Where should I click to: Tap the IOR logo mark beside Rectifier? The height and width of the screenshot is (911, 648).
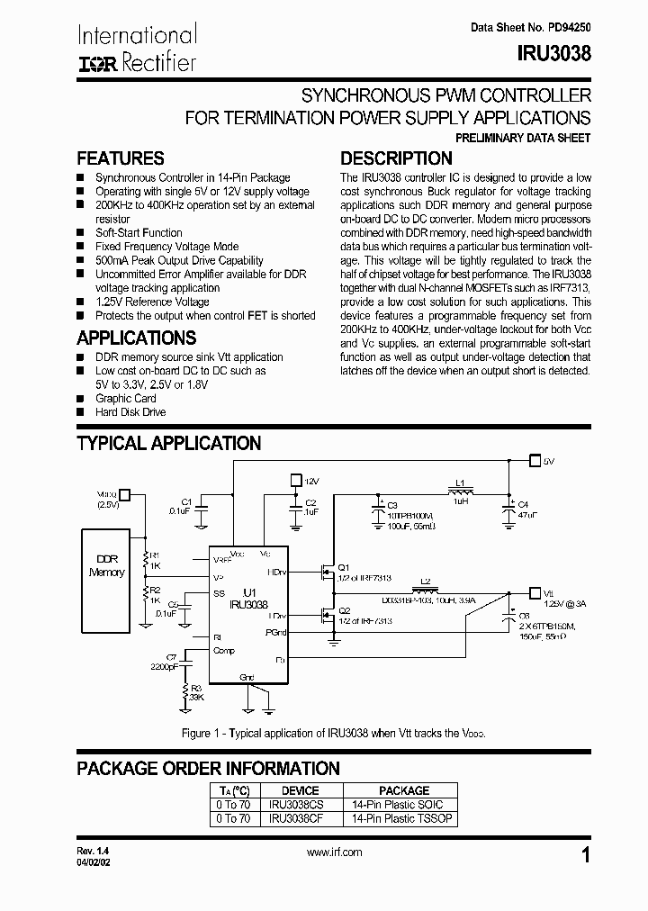click(x=94, y=63)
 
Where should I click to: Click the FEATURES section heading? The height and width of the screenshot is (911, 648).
click(x=121, y=158)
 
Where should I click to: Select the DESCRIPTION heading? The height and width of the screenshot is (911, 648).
click(x=396, y=158)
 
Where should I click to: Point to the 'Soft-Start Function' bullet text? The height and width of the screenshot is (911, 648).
click(x=139, y=232)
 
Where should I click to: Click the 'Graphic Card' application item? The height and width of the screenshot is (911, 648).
click(x=125, y=398)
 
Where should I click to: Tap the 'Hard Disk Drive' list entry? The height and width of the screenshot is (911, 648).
click(x=130, y=412)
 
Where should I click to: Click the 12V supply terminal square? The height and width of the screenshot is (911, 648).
click(x=295, y=481)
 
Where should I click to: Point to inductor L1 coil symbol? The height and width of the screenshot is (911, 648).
click(x=460, y=492)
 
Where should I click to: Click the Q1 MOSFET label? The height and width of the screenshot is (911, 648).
click(x=342, y=567)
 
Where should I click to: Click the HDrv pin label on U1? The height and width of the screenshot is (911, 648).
click(x=277, y=572)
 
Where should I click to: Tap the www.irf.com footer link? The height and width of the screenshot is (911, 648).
click(x=335, y=852)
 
